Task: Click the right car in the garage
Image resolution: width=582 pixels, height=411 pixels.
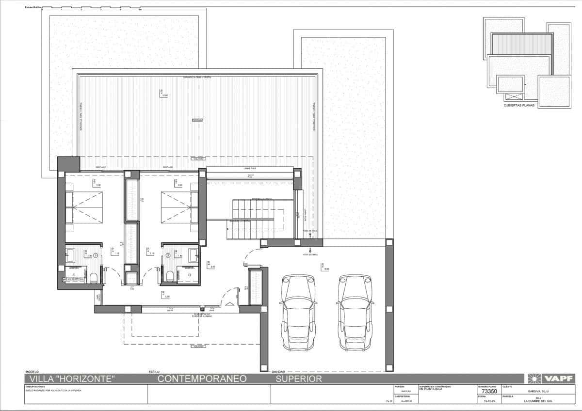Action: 355,313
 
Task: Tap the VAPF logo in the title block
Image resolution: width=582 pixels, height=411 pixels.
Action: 552,379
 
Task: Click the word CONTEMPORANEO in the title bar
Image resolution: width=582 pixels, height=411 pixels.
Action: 202,379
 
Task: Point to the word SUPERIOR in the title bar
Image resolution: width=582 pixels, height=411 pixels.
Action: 298,379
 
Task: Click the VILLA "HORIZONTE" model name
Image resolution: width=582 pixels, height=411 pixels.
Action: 72,379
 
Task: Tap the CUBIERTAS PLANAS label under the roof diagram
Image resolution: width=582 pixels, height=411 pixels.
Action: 518,104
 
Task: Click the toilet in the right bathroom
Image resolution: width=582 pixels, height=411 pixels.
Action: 170,276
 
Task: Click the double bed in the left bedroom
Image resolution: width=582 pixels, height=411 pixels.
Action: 84,207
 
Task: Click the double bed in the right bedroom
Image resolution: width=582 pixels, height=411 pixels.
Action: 180,207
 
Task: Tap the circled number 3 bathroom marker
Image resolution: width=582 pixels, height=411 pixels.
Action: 96,254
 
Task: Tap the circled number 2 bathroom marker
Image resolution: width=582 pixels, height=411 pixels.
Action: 168,254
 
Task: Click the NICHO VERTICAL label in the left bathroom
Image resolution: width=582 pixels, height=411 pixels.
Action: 76,280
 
